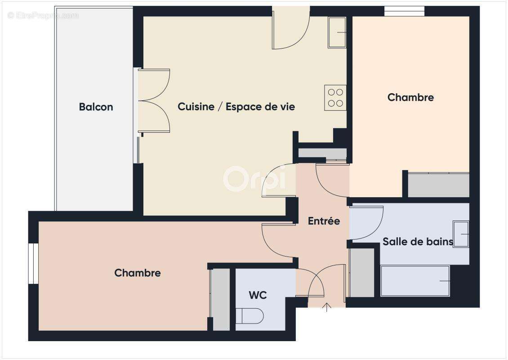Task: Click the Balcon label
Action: (96, 107)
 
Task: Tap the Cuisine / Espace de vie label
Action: (236, 107)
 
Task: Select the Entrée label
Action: (324, 221)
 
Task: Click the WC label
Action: (258, 295)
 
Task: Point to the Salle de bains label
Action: (417, 242)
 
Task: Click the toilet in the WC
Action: (250, 315)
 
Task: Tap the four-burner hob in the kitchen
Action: (335, 98)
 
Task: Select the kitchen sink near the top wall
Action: (337, 32)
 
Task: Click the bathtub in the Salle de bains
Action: (415, 281)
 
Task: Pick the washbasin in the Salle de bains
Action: (461, 234)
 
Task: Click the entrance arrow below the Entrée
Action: (327, 307)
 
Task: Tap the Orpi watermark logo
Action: (254, 179)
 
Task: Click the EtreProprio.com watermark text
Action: (43, 15)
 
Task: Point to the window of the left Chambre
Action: (33, 264)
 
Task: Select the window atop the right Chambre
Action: (404, 11)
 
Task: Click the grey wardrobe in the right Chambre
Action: (438, 185)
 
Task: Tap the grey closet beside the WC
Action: (220, 299)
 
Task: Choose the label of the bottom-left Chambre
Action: (138, 273)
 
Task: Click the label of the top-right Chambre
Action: (410, 97)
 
